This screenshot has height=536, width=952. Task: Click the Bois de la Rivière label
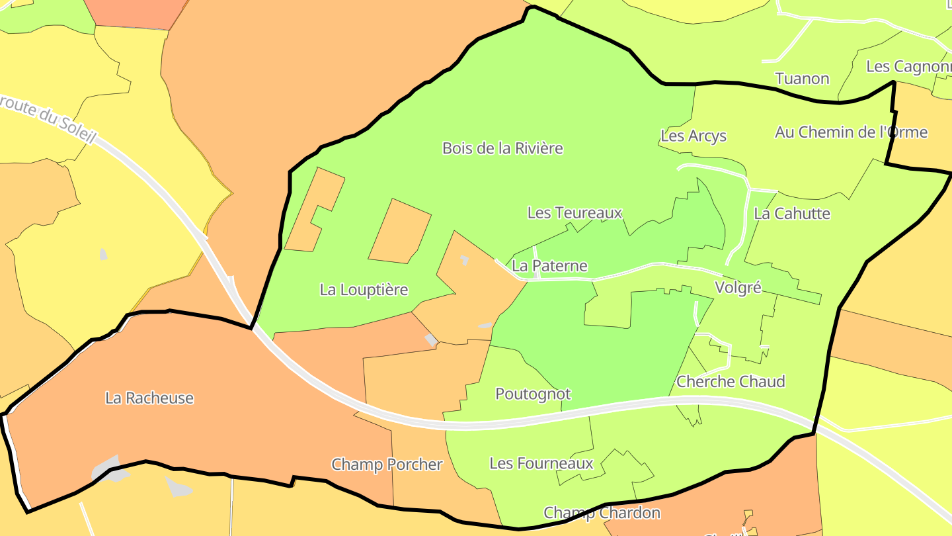pos(502,148)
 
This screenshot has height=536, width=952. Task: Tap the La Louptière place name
pos(364,290)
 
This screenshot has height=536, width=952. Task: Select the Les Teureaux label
pos(575,213)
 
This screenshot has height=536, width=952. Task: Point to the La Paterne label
pos(549,266)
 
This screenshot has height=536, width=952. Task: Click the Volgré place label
pos(738,288)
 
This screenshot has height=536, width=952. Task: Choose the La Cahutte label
pos(791,214)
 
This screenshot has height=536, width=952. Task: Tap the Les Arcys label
pos(693,136)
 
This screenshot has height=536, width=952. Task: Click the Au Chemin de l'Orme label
pos(851,132)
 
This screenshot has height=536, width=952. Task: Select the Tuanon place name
pos(802,79)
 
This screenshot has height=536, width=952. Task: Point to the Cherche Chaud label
pos(731,382)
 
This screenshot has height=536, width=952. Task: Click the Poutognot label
pos(533,394)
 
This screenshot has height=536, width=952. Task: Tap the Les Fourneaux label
pos(541,463)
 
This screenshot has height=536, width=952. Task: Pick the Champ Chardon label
pos(602,513)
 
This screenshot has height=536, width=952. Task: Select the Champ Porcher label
pos(387,465)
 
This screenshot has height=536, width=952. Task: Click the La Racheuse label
pos(149,398)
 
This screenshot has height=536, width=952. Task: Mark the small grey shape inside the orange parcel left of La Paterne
pos(464,260)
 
